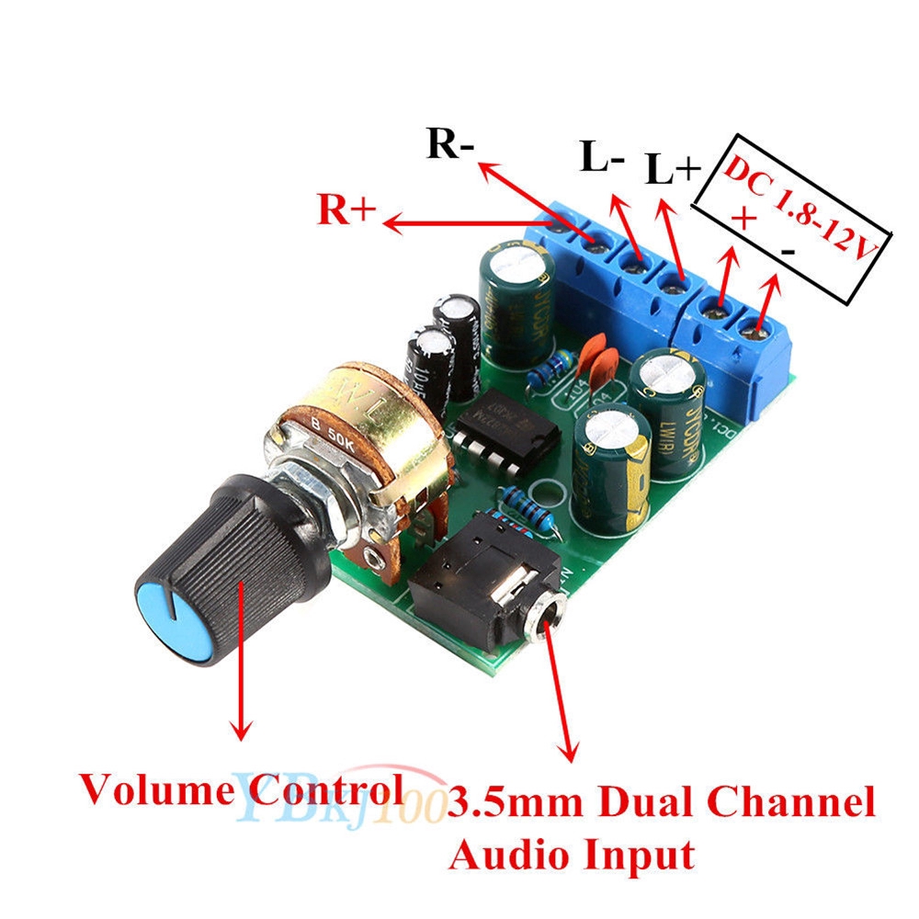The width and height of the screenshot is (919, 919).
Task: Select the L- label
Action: [603, 157]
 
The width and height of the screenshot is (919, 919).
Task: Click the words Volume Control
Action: [241, 789]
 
